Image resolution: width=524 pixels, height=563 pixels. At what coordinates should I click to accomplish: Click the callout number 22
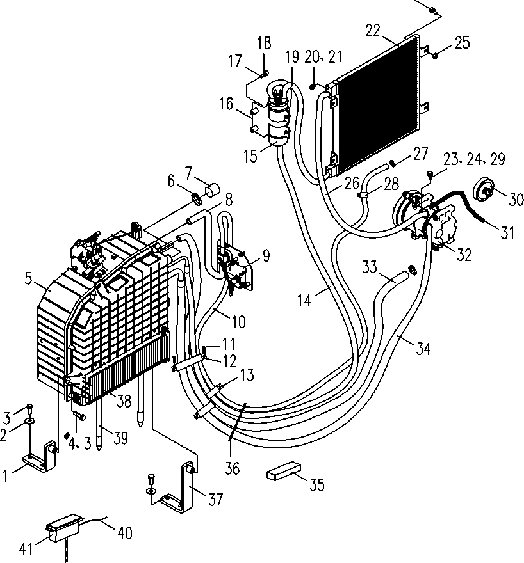point(373,31)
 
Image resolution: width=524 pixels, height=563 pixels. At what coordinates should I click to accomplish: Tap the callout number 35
point(317,484)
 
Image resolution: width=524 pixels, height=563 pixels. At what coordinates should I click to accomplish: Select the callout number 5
point(28,279)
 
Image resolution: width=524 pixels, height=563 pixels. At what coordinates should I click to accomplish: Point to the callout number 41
point(26,549)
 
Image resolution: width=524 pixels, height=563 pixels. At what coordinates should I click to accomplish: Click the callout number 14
point(304,300)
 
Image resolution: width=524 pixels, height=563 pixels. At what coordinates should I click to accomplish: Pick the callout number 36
point(232,468)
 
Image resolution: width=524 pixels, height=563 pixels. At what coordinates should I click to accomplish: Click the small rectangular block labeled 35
point(284,471)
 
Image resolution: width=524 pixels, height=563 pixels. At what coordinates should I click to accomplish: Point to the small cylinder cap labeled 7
point(213,189)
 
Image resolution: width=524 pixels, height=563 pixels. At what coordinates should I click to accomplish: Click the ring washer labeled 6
point(197,198)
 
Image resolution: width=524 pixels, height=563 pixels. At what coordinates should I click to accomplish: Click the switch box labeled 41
point(65,526)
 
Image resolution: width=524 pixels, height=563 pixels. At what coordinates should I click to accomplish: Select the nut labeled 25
point(435,55)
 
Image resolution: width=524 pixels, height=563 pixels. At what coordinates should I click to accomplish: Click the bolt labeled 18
point(266,73)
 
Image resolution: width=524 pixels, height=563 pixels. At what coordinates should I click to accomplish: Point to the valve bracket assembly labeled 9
point(236,266)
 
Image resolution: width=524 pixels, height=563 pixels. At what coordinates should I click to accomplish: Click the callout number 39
point(120,438)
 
